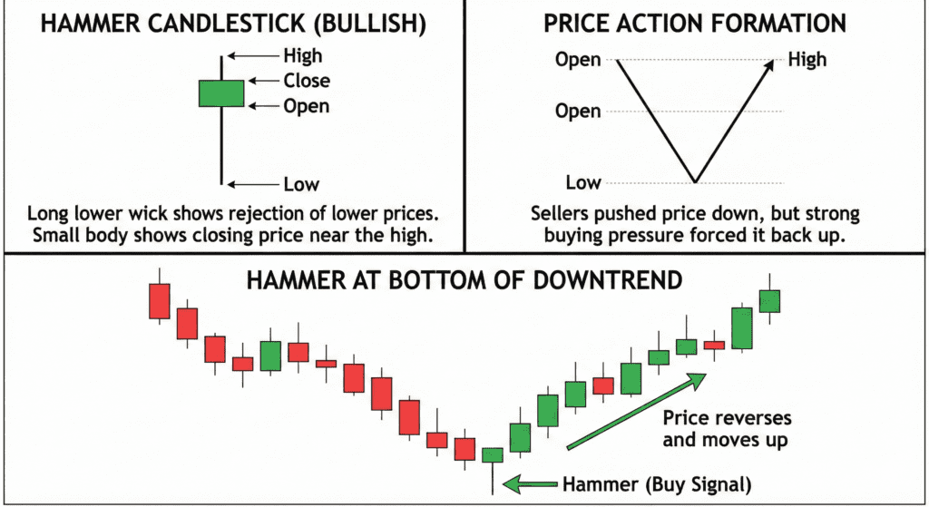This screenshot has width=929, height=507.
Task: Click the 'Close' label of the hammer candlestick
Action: point(307,81)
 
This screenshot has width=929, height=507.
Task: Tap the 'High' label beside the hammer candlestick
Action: point(302,56)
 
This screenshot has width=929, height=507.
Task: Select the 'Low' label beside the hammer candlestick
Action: point(301,185)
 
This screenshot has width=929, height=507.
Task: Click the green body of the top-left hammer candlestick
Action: point(221,93)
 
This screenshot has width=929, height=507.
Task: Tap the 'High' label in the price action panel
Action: point(807,60)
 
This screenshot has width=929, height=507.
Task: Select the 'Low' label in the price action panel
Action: point(583,183)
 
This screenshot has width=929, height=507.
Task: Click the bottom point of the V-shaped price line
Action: point(695,182)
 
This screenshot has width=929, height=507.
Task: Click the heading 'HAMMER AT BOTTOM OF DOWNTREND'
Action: point(464,279)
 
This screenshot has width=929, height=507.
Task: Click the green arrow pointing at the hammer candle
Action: point(527,484)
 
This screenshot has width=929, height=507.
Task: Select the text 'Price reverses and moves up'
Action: point(727,430)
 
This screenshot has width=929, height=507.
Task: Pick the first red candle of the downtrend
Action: point(160,301)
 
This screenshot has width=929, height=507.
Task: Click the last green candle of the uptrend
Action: point(770,301)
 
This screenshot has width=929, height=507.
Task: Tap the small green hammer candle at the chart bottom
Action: point(492,454)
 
